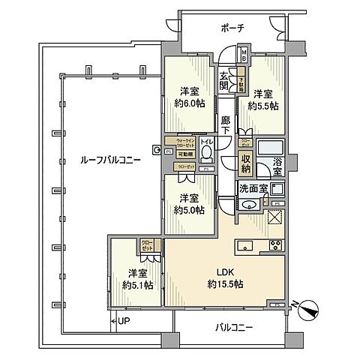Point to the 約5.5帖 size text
265,106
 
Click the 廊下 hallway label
226,124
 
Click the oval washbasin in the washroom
250,204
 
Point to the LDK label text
223,273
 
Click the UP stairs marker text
123,322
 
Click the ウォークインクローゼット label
186,141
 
